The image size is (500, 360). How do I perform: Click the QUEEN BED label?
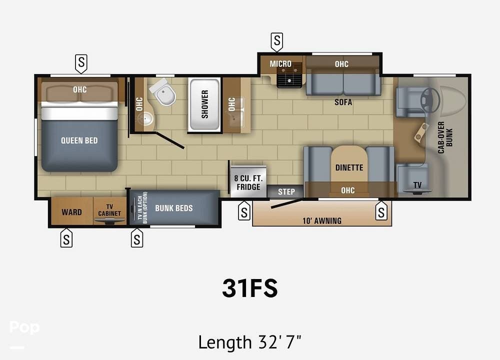(79, 140)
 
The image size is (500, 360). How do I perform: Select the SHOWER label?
(204, 104)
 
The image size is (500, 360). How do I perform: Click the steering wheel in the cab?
(430, 99)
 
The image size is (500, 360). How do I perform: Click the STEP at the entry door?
(286, 191)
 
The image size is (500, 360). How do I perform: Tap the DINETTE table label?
(349, 167)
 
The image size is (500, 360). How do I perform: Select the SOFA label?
(343, 102)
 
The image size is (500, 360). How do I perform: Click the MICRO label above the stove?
(280, 64)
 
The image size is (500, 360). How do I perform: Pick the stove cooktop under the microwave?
(289, 77)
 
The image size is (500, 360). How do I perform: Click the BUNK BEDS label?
(174, 208)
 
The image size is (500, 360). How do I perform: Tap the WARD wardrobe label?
(71, 212)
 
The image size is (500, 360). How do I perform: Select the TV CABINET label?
(109, 210)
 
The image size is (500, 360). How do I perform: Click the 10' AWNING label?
(322, 220)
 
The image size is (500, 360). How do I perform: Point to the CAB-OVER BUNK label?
(445, 137)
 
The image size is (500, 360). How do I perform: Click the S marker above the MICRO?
(277, 41)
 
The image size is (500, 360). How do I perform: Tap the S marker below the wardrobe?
(66, 238)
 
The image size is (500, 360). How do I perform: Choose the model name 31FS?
(250, 288)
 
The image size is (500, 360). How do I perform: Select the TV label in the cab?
(417, 185)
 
